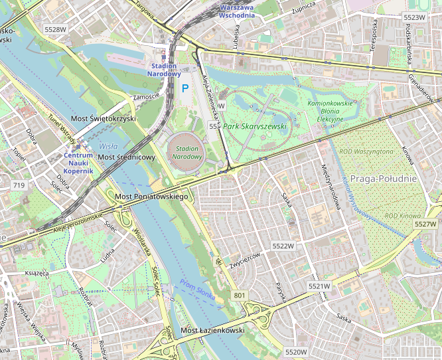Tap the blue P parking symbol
(x=186, y=88)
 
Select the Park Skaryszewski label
(x=255, y=126)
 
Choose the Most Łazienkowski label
(x=213, y=330)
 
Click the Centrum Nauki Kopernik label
(x=78, y=163)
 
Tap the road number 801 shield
(x=240, y=295)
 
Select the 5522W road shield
(x=283, y=246)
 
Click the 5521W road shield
(x=319, y=286)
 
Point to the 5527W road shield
(x=425, y=224)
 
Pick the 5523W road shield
(x=414, y=17)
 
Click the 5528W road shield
(x=56, y=29)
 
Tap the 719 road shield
(x=19, y=185)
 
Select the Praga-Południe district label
(x=383, y=179)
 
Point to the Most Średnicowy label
(x=126, y=157)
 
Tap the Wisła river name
(x=107, y=145)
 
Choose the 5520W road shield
(x=295, y=351)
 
